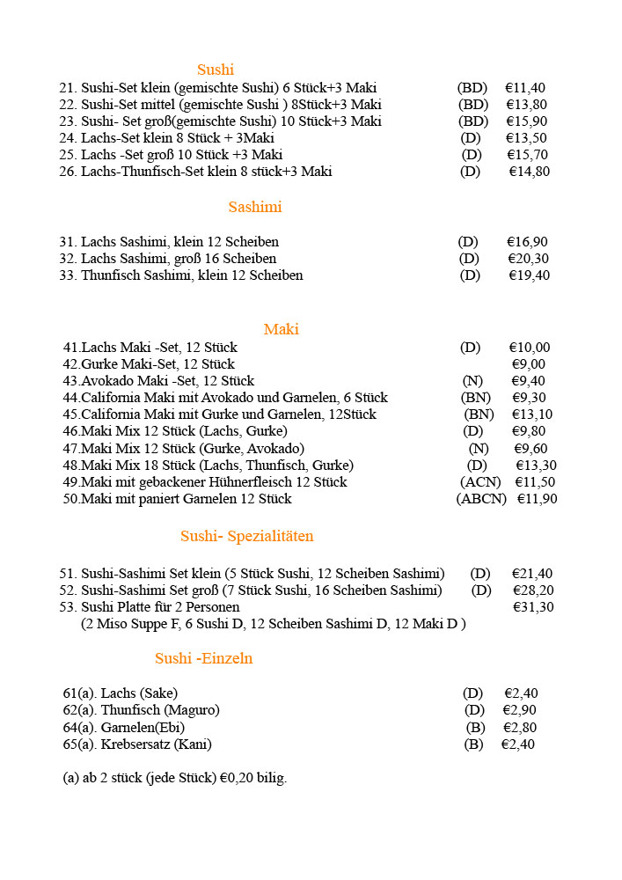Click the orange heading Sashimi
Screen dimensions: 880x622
254,208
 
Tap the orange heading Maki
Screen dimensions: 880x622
281,330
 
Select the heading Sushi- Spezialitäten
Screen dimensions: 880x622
246,537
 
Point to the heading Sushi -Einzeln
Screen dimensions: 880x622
203,658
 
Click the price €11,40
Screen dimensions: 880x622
525,88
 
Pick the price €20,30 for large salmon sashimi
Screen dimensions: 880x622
529,259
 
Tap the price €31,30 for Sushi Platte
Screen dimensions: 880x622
533,607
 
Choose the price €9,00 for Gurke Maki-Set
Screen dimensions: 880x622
528,364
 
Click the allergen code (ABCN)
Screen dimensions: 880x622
481,499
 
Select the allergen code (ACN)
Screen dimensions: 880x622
480,482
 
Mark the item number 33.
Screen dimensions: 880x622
68,275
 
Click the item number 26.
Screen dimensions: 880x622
68,172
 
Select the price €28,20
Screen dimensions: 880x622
533,590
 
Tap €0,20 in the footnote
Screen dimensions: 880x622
238,779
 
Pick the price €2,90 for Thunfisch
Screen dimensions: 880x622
519,710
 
